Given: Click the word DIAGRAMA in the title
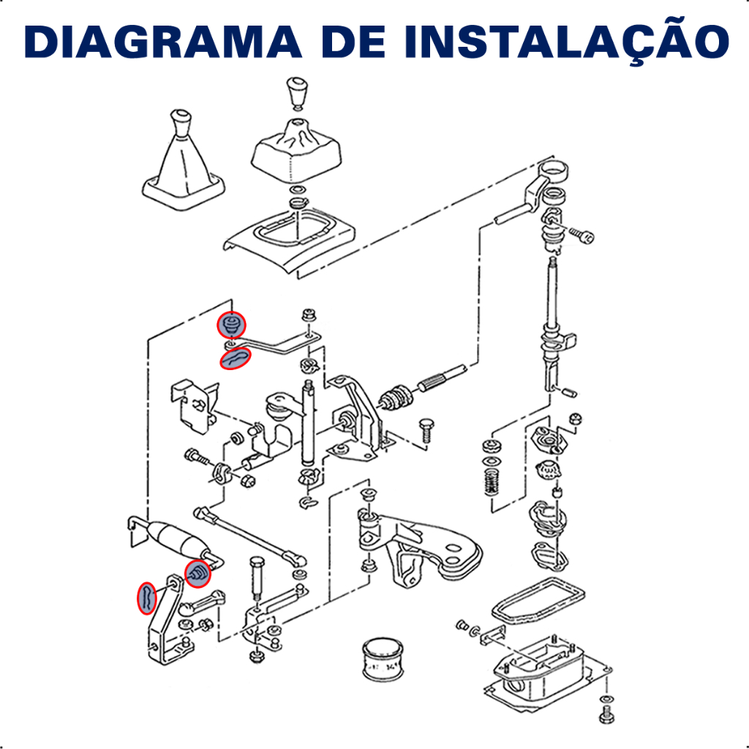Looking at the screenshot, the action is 163,42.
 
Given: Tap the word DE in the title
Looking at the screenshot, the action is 353,42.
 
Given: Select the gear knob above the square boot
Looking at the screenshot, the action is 297,94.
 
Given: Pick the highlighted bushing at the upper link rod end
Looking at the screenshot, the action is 231,325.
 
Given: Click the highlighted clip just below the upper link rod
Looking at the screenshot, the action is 235,358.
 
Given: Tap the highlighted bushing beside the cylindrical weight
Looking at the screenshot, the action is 197,573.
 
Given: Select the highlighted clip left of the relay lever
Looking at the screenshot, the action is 146,598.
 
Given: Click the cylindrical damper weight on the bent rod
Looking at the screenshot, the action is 177,540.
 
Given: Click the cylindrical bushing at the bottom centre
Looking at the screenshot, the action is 383,658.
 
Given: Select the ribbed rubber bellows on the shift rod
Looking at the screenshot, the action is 396,397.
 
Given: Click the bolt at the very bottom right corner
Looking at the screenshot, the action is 606,717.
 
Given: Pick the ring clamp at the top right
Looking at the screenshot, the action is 553,170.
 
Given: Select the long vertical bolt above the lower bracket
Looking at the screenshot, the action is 257,578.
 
